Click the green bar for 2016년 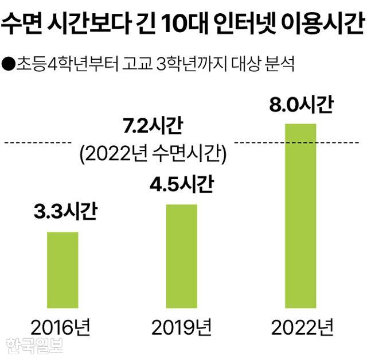click(x=62, y=270)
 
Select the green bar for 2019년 click(x=182, y=256)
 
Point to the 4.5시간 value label click(x=182, y=185)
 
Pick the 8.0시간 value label click(x=300, y=106)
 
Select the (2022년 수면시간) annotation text click(x=151, y=153)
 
